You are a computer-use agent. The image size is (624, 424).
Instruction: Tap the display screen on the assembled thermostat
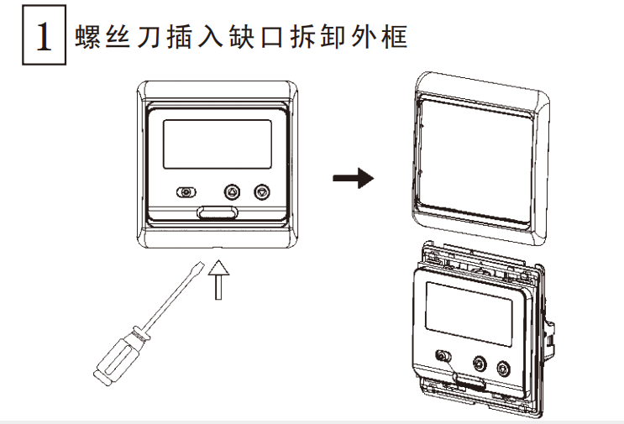[216, 144]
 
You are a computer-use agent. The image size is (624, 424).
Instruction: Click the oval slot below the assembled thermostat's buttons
[217, 212]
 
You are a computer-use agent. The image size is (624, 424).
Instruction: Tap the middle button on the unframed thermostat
[480, 364]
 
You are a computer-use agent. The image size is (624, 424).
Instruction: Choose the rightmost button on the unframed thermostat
[503, 368]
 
